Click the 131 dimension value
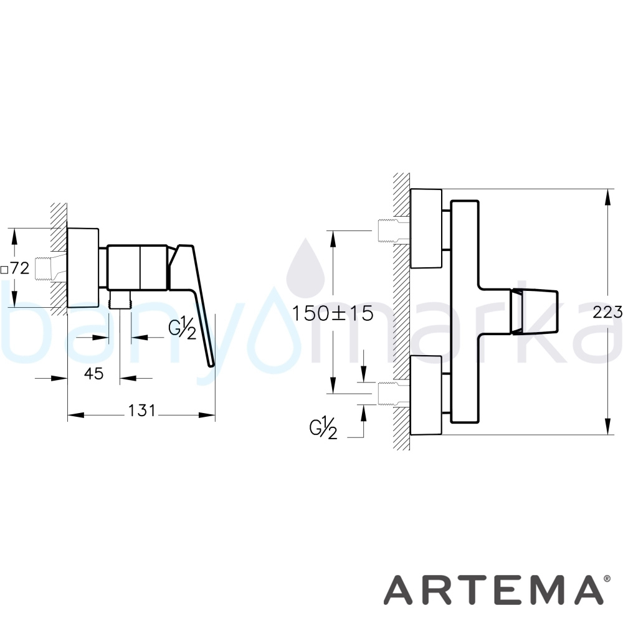pos(142,411)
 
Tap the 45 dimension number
pos(94,373)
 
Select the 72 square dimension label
pos(15,269)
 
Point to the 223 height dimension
pos(607,313)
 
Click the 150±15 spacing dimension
pos(333,313)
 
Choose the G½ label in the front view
pos(323,428)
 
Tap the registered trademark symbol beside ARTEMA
pos(607,579)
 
